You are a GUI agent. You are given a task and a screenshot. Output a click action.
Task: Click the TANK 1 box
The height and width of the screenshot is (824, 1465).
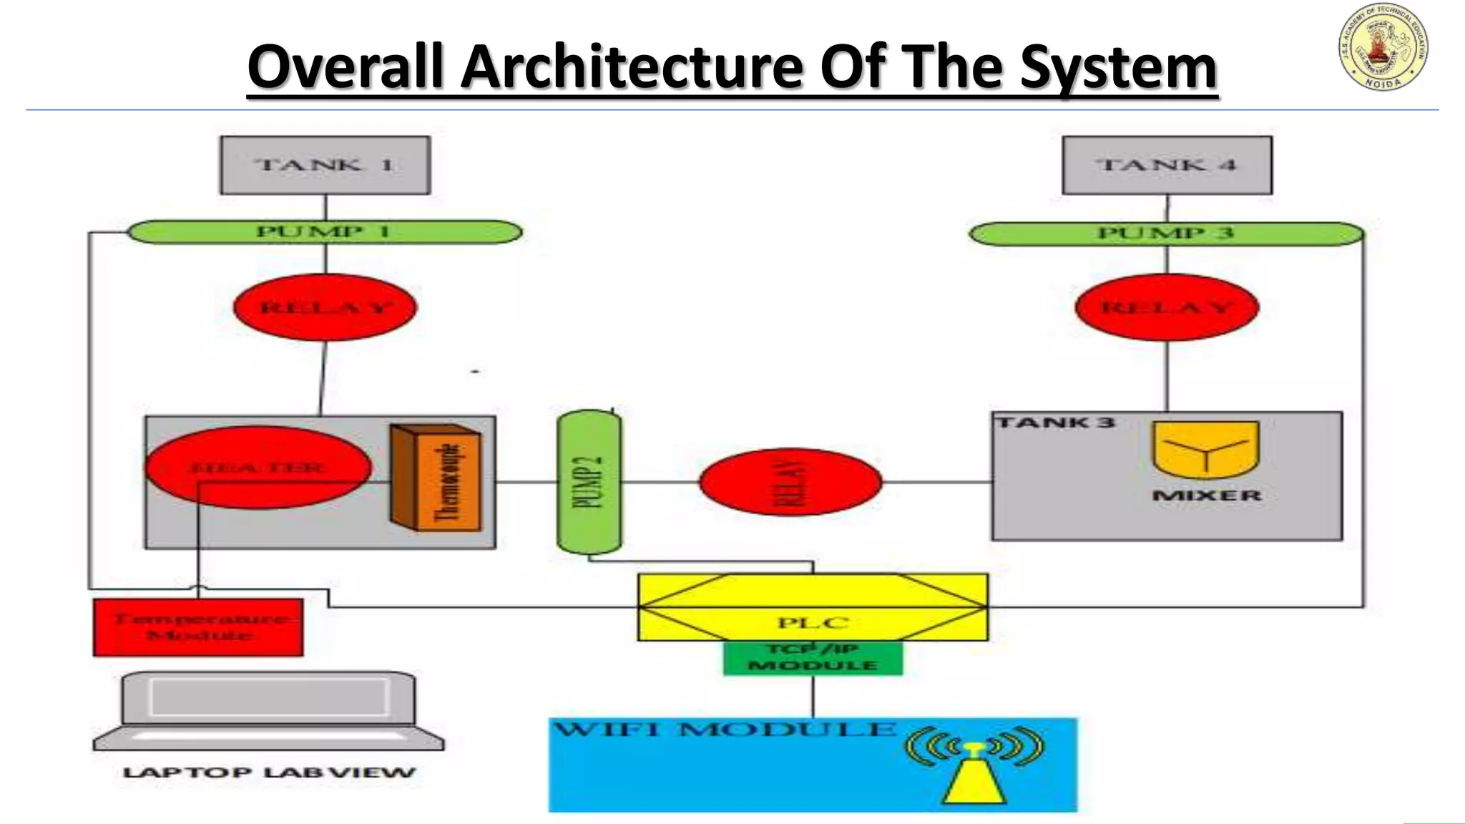click(325, 165)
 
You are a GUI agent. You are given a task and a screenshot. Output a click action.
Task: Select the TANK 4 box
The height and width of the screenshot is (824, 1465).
click(1167, 165)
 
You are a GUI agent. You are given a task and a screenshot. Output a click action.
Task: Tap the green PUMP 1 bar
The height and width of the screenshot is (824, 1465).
click(325, 232)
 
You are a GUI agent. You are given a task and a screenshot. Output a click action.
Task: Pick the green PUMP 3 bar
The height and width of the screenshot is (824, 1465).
click(1166, 234)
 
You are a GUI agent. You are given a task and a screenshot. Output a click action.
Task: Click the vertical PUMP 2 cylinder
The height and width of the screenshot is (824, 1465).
click(589, 481)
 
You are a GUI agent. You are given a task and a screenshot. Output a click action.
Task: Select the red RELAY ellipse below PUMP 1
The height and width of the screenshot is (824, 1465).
click(325, 308)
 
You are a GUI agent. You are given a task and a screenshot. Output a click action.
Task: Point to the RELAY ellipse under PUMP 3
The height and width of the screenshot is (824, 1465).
click(1167, 308)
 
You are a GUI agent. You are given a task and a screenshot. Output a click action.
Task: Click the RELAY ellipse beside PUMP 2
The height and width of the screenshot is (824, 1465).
click(790, 482)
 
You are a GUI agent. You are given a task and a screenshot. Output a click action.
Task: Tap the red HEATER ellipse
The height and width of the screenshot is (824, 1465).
click(258, 467)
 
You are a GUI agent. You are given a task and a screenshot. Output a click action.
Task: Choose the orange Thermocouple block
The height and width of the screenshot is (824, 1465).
click(436, 478)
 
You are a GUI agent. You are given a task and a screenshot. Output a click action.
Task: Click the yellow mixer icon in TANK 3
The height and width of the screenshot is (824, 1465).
click(1205, 449)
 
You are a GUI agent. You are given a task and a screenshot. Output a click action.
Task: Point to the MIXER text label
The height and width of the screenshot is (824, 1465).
click(1206, 495)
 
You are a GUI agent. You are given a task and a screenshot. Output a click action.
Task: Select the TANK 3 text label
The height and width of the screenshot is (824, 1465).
click(1055, 423)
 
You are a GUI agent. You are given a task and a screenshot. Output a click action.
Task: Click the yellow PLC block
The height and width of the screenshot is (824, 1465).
click(813, 608)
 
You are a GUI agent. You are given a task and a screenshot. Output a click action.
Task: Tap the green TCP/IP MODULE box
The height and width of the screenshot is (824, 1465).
click(813, 657)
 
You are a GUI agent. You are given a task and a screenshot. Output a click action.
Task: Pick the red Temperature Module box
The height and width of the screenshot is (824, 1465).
click(198, 627)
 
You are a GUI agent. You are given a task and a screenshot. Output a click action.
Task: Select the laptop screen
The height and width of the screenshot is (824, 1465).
click(269, 697)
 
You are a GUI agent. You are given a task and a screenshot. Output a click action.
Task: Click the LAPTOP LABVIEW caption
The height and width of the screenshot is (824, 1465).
click(269, 772)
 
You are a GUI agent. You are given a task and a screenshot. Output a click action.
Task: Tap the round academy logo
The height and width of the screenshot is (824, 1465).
click(1383, 46)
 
